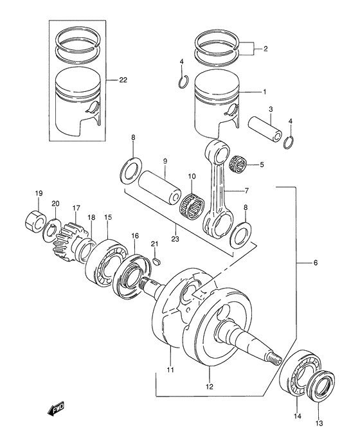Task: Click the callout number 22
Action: pyautogui.click(x=123, y=80)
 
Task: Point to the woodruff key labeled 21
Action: pyautogui.click(x=155, y=261)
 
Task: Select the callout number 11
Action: pyautogui.click(x=170, y=370)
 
